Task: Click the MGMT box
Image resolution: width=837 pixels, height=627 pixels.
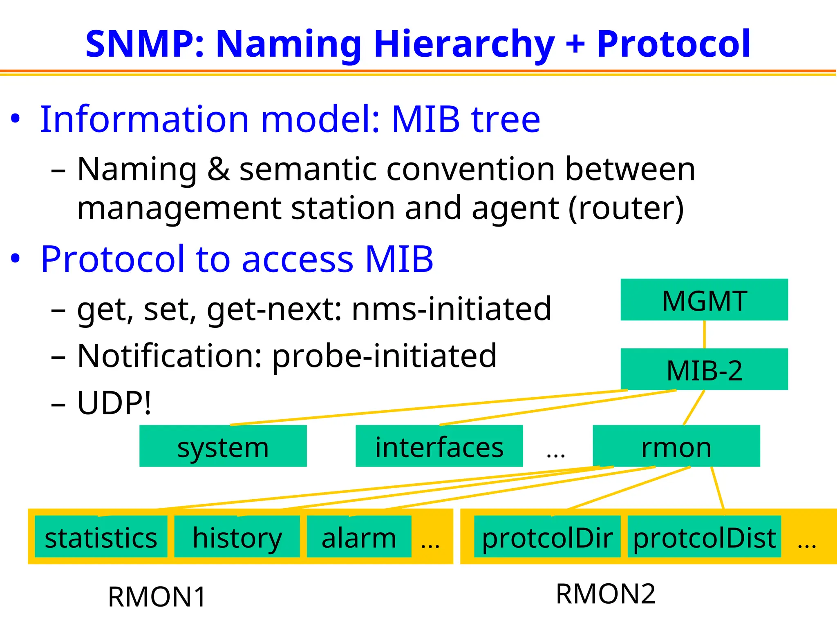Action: (x=704, y=300)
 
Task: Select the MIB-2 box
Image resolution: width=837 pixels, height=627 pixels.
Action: (x=704, y=369)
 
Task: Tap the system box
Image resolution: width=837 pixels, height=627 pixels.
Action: (x=223, y=446)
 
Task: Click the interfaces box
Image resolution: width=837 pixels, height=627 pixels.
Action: (x=439, y=446)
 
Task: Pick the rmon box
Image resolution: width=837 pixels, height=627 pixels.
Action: (x=676, y=446)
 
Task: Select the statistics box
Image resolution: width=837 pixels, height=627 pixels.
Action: (x=101, y=537)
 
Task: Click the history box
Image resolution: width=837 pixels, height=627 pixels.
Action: (x=237, y=537)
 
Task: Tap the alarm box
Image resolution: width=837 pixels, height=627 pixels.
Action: (x=359, y=537)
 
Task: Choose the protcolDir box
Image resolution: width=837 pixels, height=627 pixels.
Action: (x=547, y=537)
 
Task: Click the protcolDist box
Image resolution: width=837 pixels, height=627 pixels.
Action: (x=704, y=537)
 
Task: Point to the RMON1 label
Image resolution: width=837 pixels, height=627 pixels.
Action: (x=157, y=597)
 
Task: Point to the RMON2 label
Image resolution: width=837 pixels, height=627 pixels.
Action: (x=605, y=594)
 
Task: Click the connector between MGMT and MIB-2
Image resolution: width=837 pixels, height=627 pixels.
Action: (x=704, y=334)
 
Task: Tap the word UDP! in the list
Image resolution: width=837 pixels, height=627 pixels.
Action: (x=114, y=403)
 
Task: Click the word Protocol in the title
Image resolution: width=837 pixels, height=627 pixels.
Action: (x=674, y=44)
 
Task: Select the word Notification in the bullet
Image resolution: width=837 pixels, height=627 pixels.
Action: (x=169, y=356)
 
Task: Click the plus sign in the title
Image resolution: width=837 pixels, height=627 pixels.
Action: (x=575, y=44)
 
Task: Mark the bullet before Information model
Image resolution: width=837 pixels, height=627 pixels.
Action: (x=15, y=119)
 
